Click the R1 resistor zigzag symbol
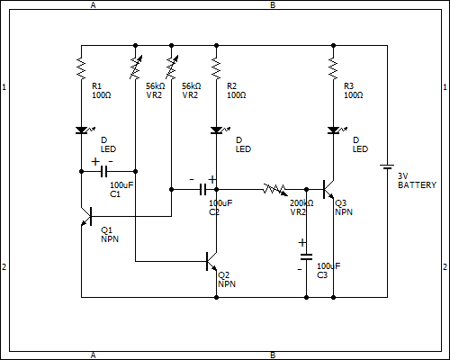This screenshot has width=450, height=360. pos(81,68)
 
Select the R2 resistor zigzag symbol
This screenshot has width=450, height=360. pos(216,68)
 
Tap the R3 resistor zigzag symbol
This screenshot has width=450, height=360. pos(333,68)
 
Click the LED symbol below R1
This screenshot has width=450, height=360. pos(83,130)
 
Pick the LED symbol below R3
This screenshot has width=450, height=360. pos(335,130)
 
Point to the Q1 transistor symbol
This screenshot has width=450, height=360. pos(86,216)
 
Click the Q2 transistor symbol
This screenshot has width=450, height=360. pos(211,261)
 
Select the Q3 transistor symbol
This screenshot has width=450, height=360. pos(328,189)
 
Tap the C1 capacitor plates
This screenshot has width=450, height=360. pos(103,171)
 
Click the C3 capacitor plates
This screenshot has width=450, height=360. pos(306,257)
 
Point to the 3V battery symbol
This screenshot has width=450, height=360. pos(387,166)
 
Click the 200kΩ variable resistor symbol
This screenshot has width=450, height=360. pos(274,190)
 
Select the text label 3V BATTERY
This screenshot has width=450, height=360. pos(417,181)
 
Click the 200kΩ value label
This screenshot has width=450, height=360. pos(301,203)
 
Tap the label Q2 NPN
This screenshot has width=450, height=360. pos(227,280)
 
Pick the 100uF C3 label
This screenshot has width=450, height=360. pos(328,271)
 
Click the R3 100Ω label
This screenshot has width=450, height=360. pos(354,91)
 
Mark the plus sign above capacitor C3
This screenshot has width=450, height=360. pos(302,242)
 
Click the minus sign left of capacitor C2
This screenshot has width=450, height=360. pos(192,180)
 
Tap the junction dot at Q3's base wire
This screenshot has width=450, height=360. pos(306,189)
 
